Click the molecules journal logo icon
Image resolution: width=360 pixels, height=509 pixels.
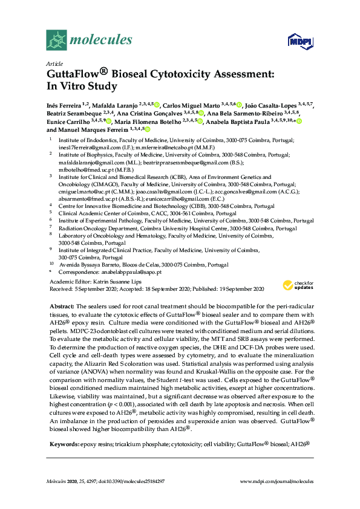[56, 41]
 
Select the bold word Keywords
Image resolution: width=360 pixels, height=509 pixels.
[63, 444]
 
